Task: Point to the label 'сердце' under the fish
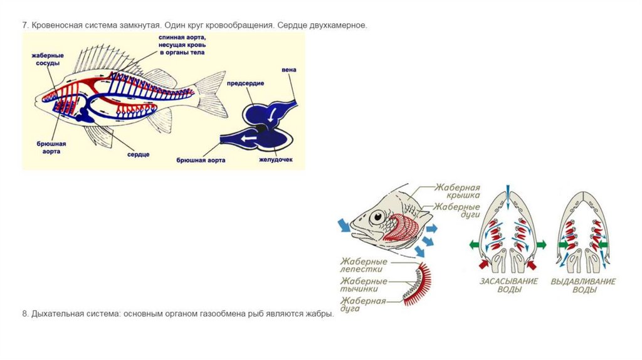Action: pos(138,154)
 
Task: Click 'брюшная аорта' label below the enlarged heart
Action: pos(201,161)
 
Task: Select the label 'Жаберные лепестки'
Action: pos(364,265)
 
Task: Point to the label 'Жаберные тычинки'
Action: pos(364,285)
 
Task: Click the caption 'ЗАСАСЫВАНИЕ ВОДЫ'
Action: pos(508,286)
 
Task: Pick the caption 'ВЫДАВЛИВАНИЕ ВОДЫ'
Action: pos(583,286)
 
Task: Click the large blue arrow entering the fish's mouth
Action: pos(344,224)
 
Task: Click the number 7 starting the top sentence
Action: pos(24,26)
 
